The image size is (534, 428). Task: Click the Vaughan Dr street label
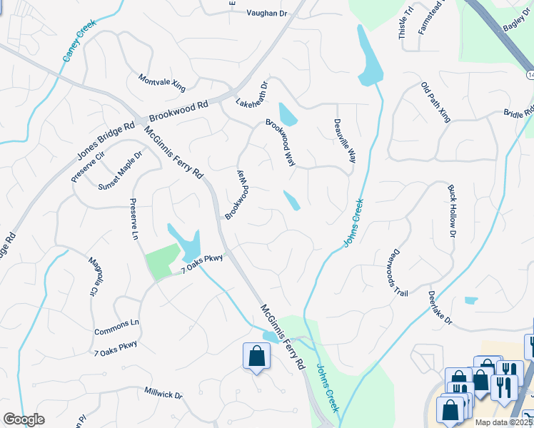tap(268, 14)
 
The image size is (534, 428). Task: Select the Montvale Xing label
tap(161, 83)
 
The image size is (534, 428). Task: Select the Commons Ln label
tap(117, 323)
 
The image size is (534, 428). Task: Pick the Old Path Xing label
tap(435, 101)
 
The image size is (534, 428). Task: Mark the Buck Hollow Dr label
tap(452, 210)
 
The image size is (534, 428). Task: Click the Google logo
tap(24, 419)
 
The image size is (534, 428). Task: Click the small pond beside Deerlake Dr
tap(470, 300)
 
